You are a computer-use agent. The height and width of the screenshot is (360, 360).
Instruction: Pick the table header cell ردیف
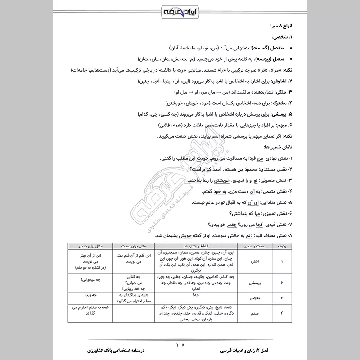(282, 246)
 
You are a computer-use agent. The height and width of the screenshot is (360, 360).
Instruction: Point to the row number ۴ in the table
(282, 314)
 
